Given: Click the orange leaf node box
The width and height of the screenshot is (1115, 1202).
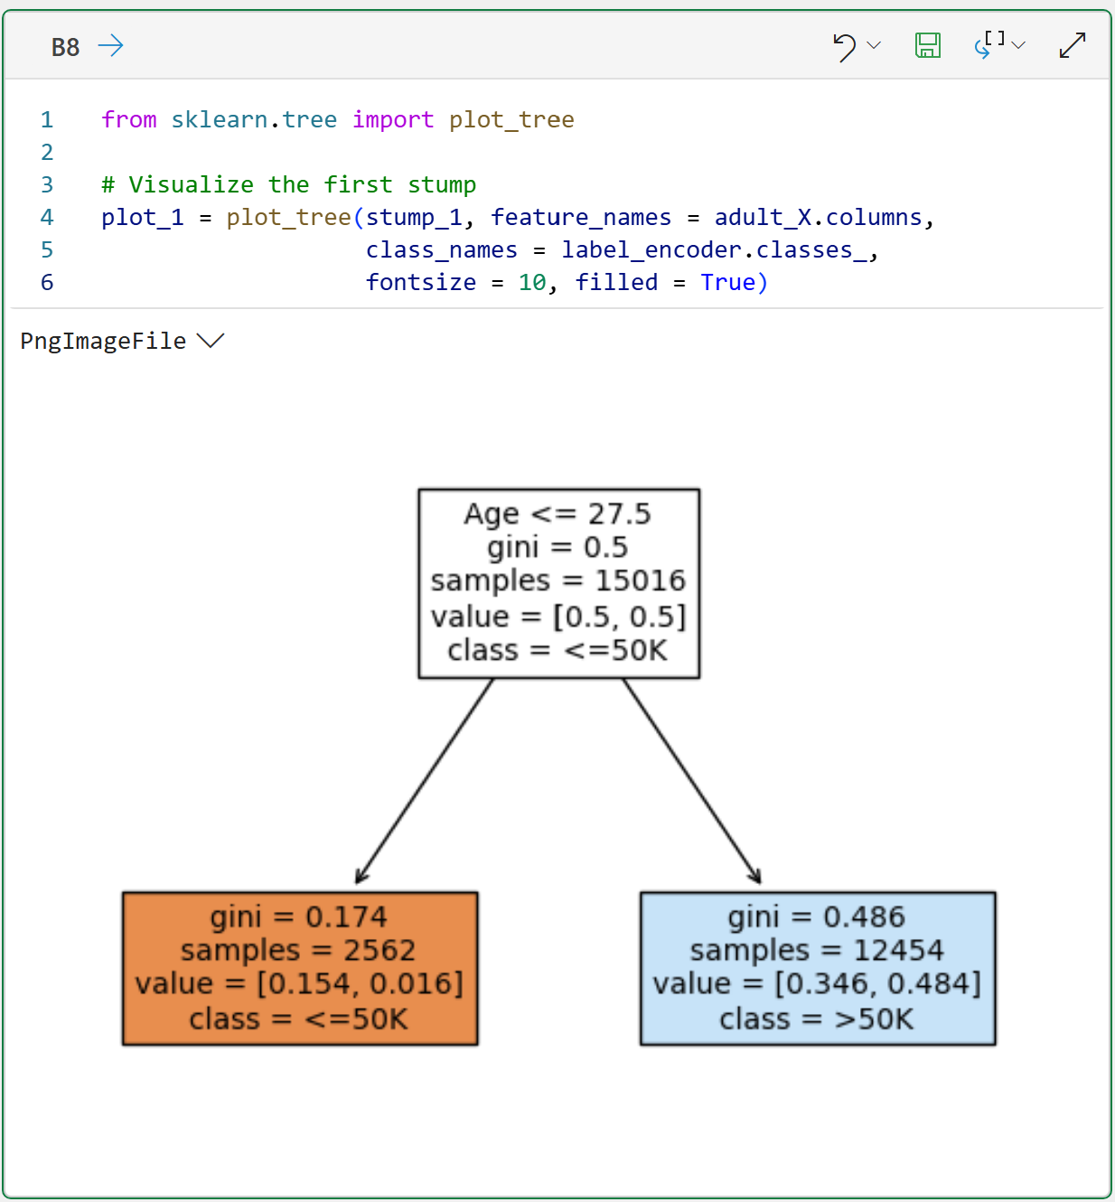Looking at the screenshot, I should pos(300,968).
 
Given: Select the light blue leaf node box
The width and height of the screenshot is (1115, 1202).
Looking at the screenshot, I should pos(818,968).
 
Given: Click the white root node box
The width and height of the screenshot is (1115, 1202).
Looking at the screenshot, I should pos(558,583).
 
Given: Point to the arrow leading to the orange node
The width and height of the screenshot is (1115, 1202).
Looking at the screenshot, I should pos(425,781).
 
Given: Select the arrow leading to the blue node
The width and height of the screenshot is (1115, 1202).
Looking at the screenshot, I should pos(691,781).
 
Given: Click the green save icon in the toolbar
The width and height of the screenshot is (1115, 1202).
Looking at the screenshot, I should pos(927,45).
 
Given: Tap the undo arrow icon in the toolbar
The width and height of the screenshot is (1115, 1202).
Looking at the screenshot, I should pos(844,46).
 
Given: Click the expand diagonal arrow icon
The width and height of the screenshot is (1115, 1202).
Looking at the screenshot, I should pos(1072,45).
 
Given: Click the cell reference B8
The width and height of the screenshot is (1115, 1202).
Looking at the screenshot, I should pos(65,47).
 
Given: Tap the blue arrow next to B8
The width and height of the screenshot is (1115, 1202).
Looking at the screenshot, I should pos(110,45).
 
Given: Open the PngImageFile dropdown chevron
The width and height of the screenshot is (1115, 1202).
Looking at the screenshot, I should pos(211,341).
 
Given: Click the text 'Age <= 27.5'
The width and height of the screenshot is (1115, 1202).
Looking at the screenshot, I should pos(557,513).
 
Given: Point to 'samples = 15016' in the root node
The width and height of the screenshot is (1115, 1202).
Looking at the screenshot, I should pos(557,580).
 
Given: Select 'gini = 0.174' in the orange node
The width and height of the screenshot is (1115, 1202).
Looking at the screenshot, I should pos(298,916).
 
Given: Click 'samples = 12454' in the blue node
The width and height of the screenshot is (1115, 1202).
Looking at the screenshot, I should pos(817,950).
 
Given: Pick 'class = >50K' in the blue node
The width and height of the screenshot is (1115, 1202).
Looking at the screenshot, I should pos(816,1019).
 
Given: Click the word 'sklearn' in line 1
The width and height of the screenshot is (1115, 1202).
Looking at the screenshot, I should pos(220,119).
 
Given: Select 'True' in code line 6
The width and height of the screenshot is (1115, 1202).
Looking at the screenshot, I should pos(727,282).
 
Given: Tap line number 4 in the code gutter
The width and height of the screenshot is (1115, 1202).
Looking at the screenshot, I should pos(47,217).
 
